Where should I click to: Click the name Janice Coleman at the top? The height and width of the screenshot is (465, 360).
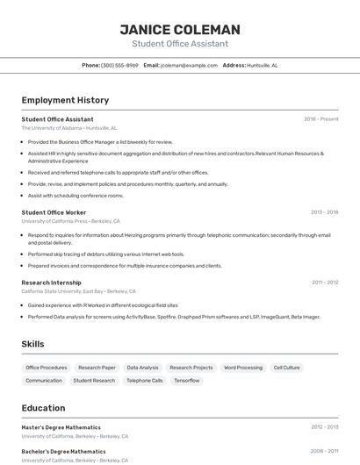180,30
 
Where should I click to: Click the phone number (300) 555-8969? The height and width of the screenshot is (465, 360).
119,65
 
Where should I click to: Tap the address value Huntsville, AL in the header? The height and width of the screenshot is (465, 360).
263,65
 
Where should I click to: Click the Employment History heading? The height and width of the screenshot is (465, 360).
65,101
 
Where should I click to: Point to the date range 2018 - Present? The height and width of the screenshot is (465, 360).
321,118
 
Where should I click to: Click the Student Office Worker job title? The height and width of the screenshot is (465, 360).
54,212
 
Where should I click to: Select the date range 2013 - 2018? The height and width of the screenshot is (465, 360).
324,212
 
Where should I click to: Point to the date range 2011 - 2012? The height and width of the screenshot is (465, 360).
325,283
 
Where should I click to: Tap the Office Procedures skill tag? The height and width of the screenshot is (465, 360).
47,368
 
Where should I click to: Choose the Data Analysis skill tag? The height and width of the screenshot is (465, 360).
143,368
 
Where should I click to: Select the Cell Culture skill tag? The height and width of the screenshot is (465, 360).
286,368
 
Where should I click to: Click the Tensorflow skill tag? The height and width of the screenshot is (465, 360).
186,381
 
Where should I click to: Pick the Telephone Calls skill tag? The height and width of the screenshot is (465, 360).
144,381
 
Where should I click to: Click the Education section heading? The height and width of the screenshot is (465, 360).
43,408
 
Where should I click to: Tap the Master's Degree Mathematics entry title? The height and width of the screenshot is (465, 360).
61,427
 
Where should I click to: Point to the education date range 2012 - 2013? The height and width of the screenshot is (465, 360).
324,427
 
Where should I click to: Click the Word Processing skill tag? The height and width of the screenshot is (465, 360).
243,368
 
